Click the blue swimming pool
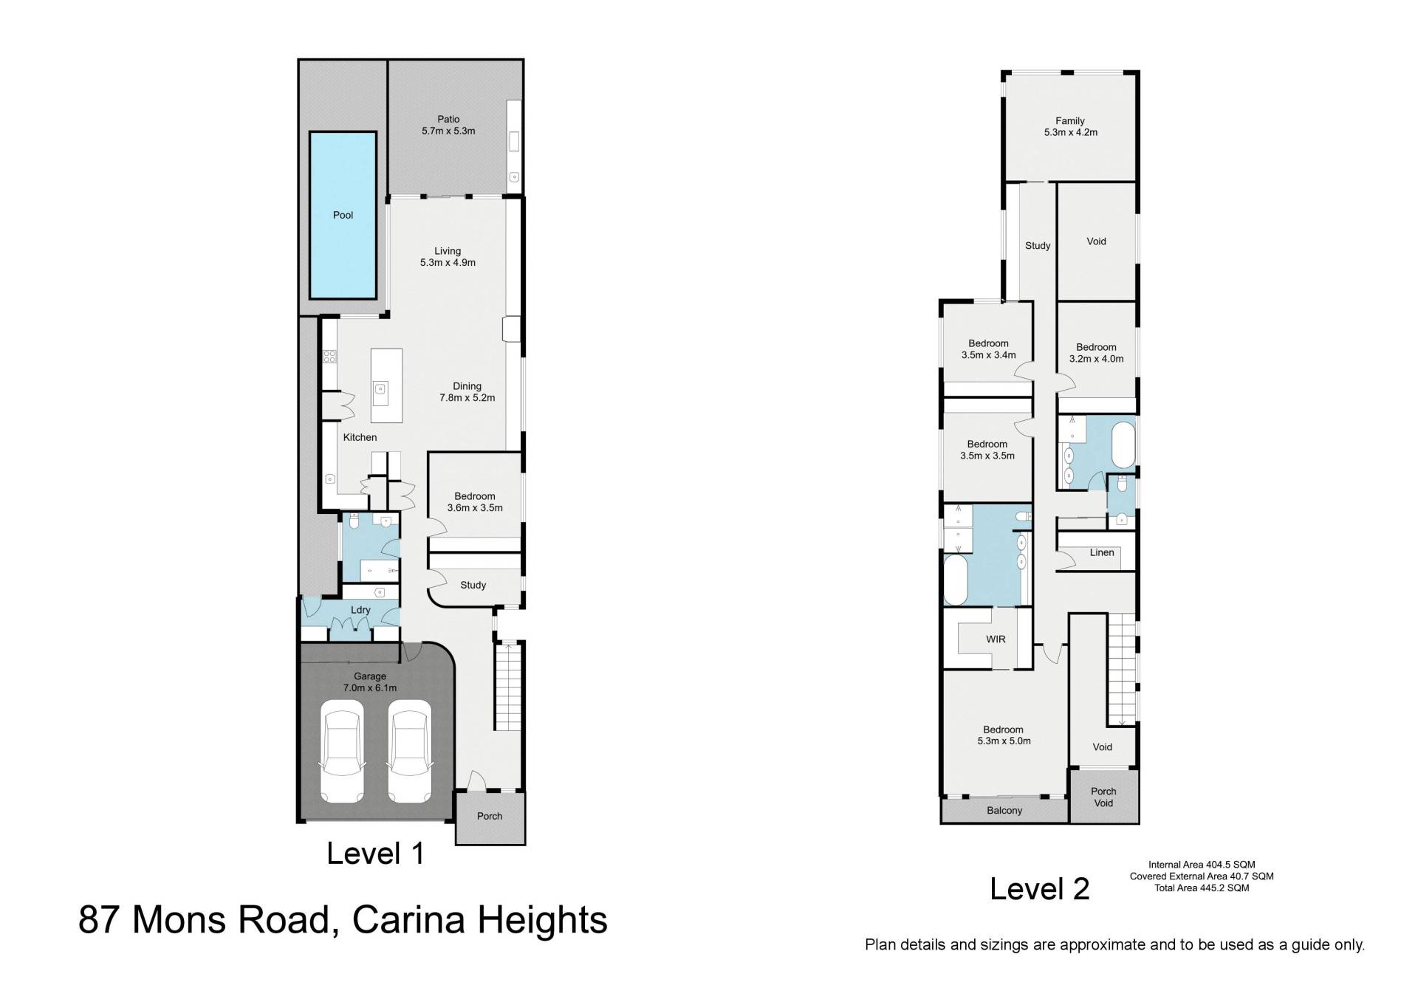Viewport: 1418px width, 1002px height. tap(343, 215)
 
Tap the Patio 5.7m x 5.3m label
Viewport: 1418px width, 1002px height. tap(448, 125)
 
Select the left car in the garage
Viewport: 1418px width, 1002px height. tap(341, 751)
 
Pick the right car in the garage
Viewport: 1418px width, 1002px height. tap(410, 751)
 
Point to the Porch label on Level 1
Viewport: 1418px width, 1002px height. tap(490, 816)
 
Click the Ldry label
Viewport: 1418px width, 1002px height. tap(360, 610)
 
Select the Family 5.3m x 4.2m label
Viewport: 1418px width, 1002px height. tap(1070, 126)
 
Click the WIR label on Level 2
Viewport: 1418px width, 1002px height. tap(996, 639)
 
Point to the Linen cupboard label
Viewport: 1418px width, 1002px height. tap(1102, 552)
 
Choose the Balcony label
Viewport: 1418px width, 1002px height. tap(1004, 810)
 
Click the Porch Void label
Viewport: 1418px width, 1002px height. tap(1103, 797)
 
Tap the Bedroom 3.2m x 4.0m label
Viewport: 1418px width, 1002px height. tap(1096, 353)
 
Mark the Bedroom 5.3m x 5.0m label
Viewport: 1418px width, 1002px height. tap(1003, 735)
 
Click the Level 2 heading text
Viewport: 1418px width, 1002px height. tap(1040, 888)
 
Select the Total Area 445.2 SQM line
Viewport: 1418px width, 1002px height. tap(1202, 888)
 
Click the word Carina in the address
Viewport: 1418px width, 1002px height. tap(409, 920)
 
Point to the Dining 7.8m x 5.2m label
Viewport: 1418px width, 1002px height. tap(467, 391)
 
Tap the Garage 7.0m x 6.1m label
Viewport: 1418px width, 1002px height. tap(370, 682)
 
